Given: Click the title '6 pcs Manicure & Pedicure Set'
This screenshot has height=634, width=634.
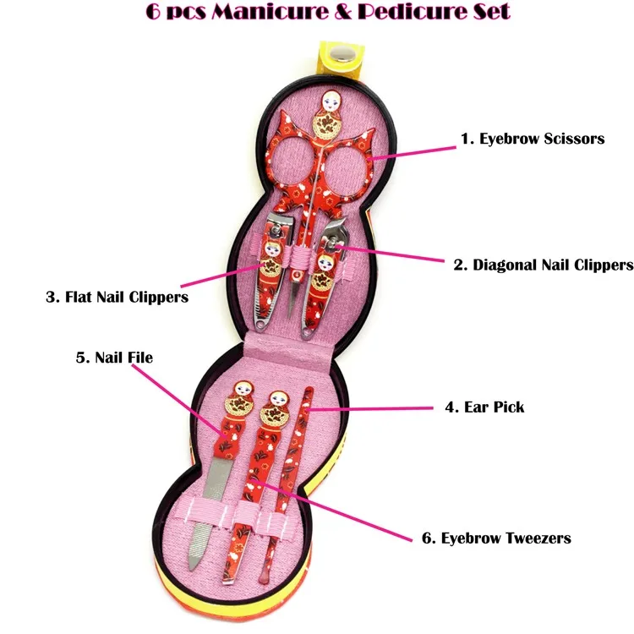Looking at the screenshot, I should click(x=317, y=13).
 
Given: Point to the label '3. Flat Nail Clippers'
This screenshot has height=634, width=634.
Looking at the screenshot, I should click(x=117, y=297).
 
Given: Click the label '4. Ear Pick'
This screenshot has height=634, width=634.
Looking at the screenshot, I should click(x=484, y=407).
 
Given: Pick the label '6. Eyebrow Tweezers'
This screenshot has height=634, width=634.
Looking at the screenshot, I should click(x=496, y=538).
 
